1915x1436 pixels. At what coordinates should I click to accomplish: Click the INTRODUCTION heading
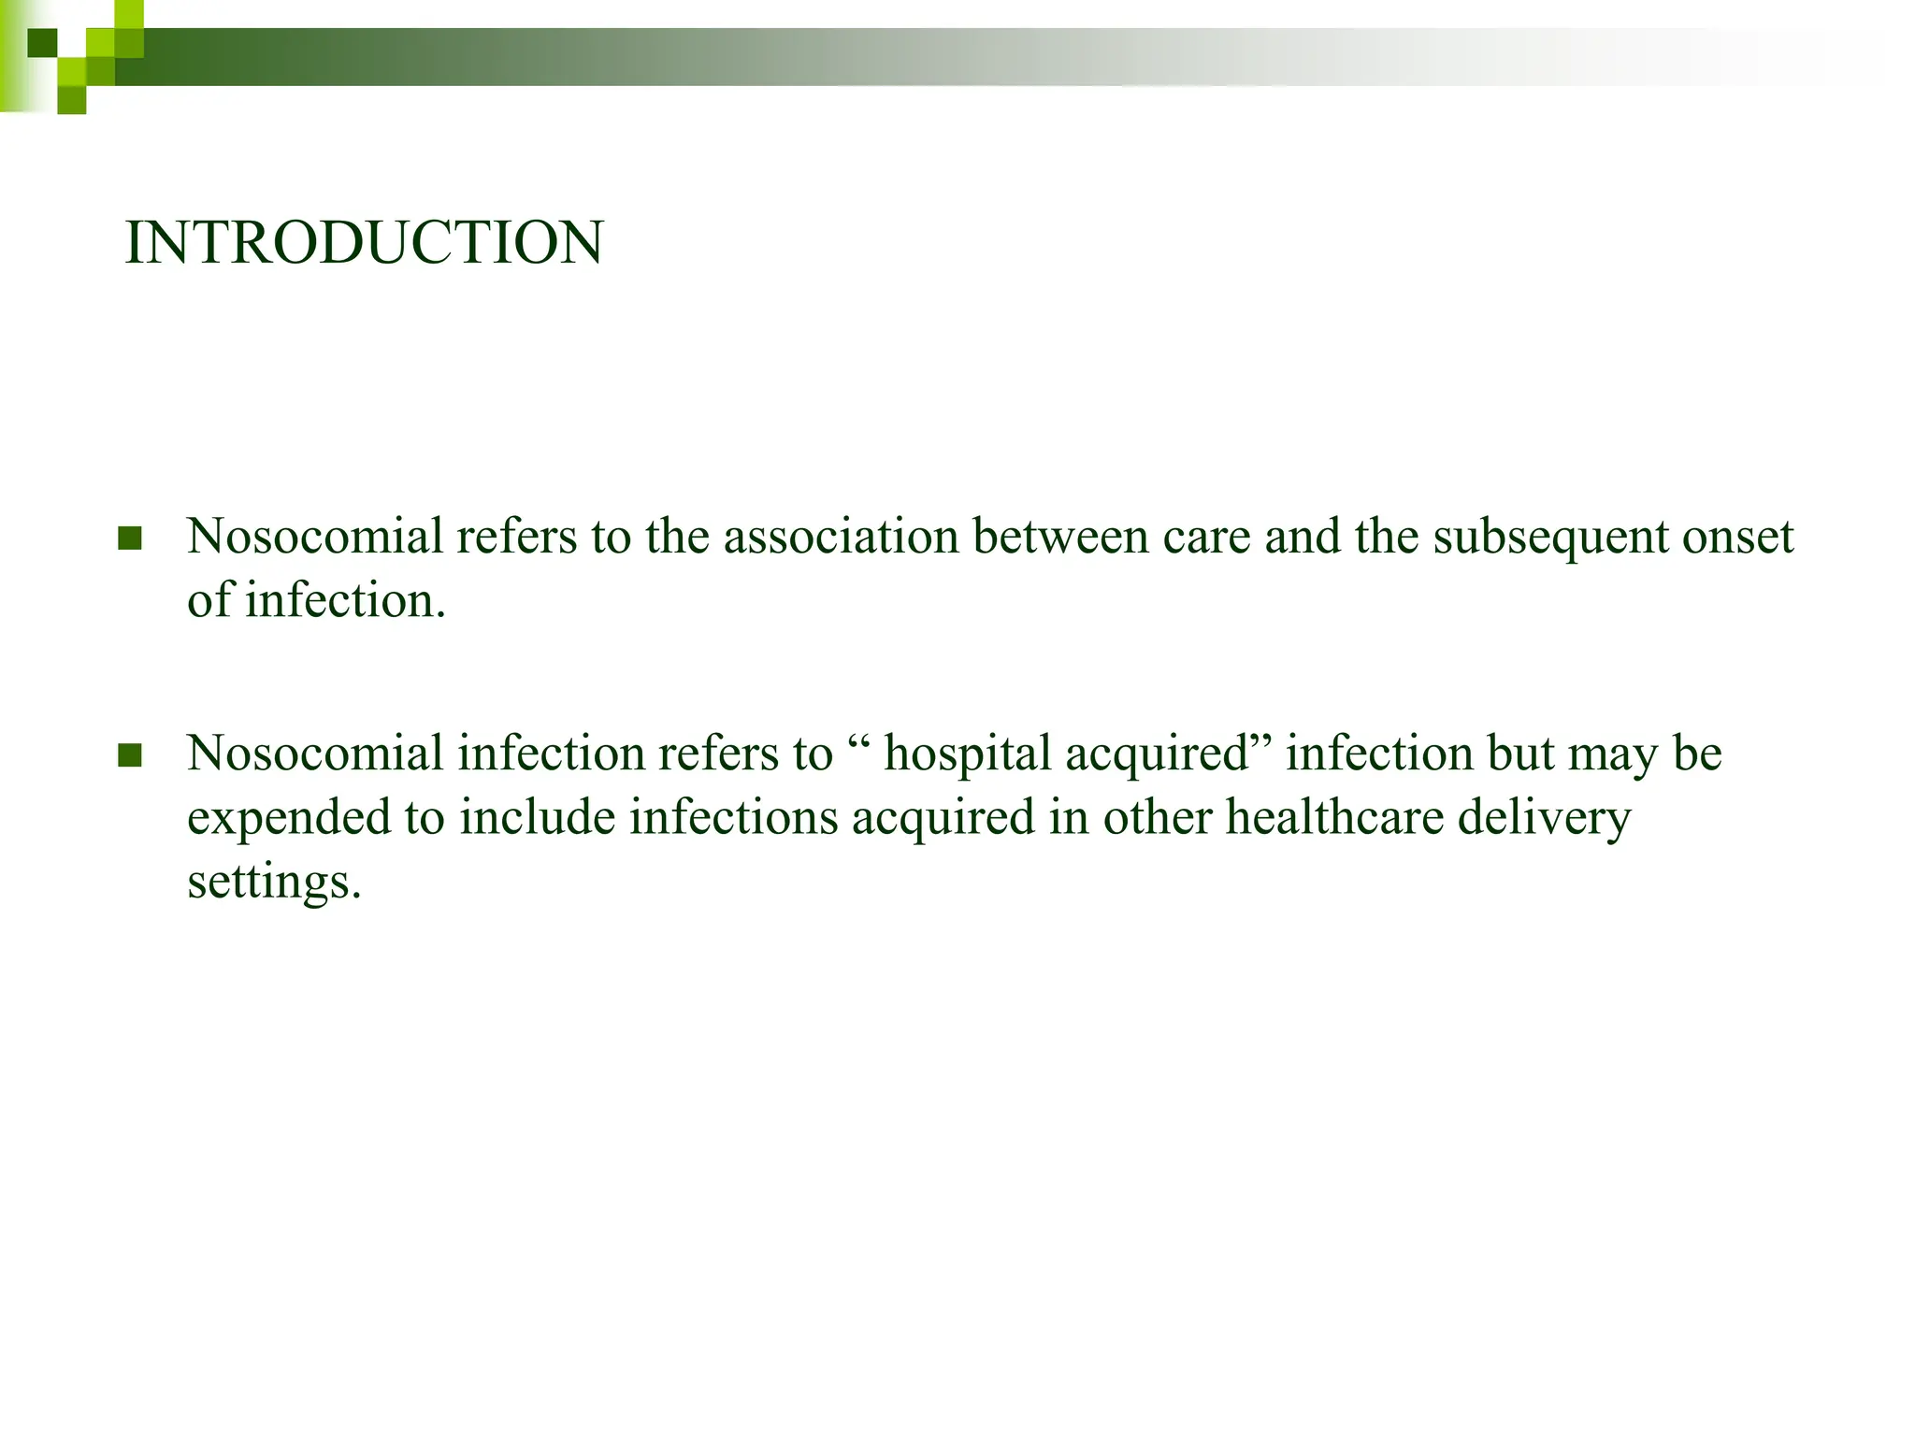tap(364, 243)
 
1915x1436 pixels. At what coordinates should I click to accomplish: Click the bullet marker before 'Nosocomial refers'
tap(130, 538)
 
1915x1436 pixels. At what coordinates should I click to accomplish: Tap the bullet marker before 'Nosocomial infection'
tap(130, 755)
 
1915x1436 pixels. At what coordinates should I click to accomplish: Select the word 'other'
tap(1157, 817)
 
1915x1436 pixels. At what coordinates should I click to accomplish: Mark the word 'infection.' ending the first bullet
tap(345, 600)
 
